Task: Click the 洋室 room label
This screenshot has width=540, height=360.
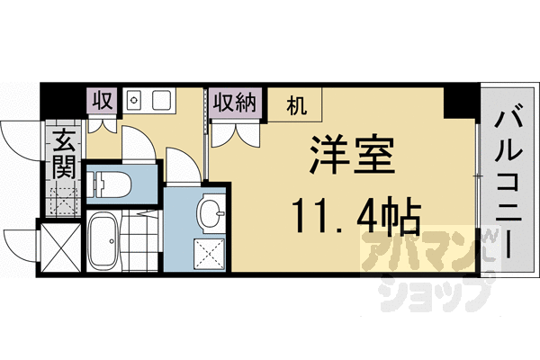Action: pos(352,159)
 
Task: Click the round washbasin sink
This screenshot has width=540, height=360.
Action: pos(212,214)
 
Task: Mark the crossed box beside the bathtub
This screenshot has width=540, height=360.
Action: pos(60,246)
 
